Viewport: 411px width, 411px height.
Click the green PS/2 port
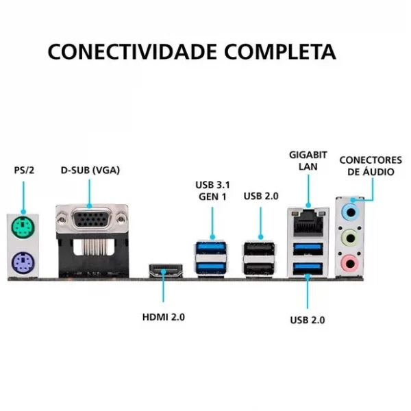point(23,227)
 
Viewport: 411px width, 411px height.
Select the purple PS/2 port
point(23,263)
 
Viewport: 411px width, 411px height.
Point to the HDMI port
point(166,271)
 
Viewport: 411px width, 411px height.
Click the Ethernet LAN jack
point(308,222)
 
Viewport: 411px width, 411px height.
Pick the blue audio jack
point(350,212)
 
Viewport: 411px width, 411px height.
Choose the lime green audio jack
point(350,238)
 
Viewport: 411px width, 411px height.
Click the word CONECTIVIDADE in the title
point(132,51)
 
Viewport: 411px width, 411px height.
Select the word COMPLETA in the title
point(280,51)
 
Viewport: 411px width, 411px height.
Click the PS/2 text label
point(24,171)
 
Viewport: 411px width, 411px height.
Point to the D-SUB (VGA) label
point(90,171)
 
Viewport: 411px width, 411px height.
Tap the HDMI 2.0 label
point(164,317)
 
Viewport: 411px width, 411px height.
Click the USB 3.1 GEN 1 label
point(212,190)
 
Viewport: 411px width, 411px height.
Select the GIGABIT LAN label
point(308,161)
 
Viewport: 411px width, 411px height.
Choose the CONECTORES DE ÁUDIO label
point(371,166)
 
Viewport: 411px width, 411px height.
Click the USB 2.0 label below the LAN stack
point(308,320)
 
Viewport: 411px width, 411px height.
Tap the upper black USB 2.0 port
point(259,249)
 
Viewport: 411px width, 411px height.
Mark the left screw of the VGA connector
point(62,219)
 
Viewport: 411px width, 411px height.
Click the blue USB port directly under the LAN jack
point(308,249)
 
